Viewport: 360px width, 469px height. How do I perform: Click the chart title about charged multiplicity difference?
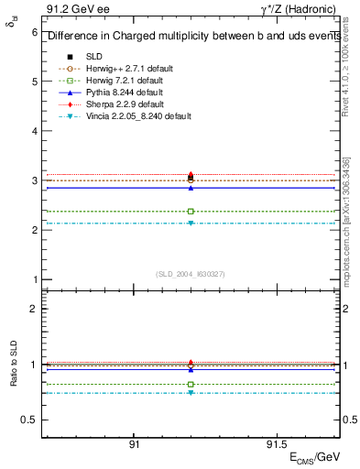[x=191, y=37]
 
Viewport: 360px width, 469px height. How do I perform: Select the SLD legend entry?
[x=94, y=57]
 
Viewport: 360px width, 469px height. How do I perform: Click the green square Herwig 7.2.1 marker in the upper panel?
[x=191, y=212]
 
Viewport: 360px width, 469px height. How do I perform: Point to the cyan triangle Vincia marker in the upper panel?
[x=191, y=224]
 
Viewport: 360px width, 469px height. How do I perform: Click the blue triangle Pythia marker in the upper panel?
[x=191, y=187]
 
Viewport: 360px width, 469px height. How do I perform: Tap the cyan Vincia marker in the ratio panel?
[x=191, y=393]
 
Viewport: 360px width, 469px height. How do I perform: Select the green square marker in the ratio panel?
[x=191, y=384]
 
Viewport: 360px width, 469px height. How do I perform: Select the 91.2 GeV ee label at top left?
[x=70, y=9]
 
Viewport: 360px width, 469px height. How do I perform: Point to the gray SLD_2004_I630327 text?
[x=191, y=273]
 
